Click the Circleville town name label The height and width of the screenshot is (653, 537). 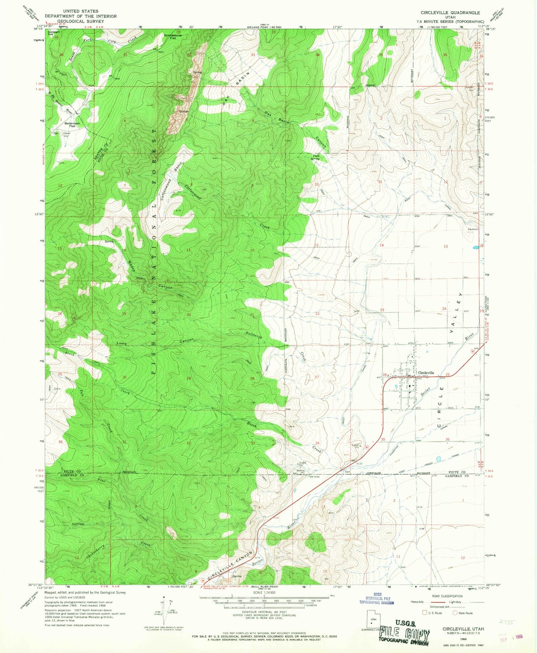(426, 373)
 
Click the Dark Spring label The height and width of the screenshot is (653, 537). (316, 157)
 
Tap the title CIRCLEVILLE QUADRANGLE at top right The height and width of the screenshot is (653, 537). (450, 13)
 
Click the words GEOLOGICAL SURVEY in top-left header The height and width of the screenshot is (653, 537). (81, 21)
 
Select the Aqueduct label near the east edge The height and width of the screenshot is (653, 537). (473, 229)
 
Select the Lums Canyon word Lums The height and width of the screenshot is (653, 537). (122, 344)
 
